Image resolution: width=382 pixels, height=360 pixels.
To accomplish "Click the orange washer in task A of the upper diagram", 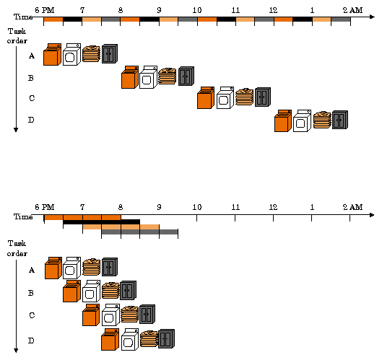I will [51, 55].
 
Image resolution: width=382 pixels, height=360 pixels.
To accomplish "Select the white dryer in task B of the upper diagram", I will [148, 77].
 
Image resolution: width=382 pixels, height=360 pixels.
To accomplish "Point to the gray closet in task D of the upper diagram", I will [339, 120].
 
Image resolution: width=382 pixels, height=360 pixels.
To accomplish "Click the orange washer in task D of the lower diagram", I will [110, 340].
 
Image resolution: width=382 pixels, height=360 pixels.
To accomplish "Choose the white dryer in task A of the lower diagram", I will [71, 268].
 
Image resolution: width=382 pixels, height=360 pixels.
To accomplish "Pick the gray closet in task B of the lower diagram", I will [128, 291].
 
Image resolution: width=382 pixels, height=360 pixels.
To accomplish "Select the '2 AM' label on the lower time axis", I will [352, 207].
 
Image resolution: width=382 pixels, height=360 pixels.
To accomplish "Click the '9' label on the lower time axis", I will [159, 207].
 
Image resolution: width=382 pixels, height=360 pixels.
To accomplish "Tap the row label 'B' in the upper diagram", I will [31, 77].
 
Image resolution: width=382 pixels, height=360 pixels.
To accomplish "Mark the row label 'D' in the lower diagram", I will [31, 340].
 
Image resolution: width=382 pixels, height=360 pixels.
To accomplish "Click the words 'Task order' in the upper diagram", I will [17, 36].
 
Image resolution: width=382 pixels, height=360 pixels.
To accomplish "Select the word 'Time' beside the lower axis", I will [23, 216].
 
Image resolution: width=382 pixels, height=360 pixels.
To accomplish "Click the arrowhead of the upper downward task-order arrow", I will [16, 129].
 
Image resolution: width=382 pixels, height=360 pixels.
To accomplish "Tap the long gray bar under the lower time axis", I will [139, 232].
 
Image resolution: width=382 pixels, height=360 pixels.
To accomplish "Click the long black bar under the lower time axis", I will [101, 221].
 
